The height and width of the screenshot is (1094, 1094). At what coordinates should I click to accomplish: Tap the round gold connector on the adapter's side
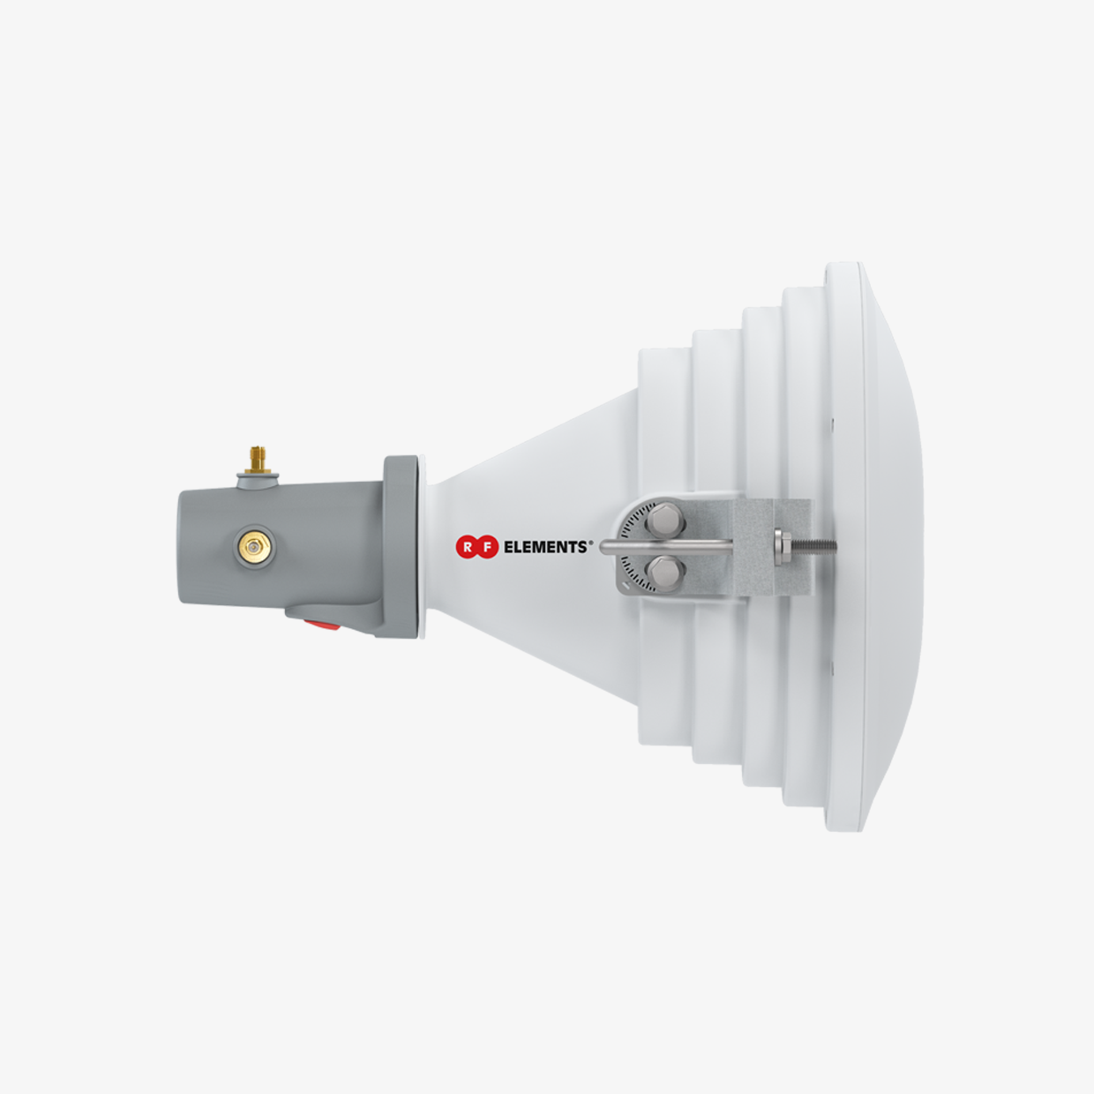256,547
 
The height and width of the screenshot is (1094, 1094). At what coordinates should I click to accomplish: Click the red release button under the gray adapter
322,625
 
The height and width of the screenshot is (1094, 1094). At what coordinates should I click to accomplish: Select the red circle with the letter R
467,547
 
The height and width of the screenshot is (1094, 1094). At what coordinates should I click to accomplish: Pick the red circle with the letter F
486,547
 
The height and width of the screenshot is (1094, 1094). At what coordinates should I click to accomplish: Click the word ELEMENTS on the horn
545,547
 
